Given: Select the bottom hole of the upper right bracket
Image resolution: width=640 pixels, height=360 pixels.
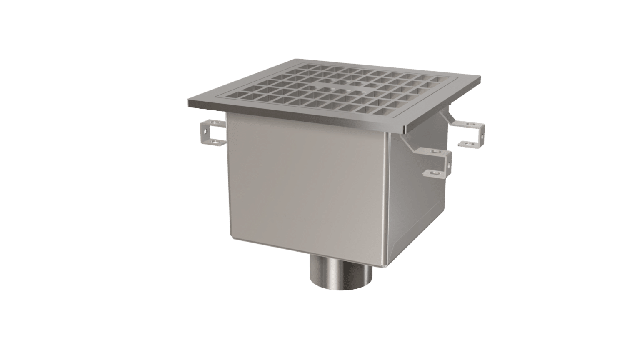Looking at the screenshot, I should [x=468, y=144].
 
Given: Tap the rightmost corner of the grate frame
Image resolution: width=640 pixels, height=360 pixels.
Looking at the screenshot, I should [x=480, y=77].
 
